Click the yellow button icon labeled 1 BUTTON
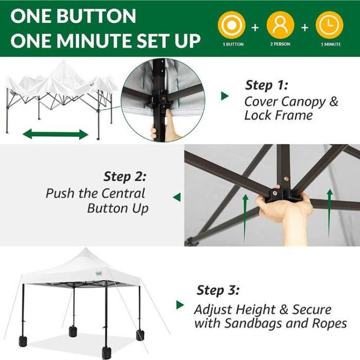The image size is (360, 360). [x=231, y=25]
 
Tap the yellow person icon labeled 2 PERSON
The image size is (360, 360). [x=280, y=25]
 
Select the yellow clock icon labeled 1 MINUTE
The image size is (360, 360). [x=330, y=25]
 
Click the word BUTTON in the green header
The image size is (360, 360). [x=96, y=16]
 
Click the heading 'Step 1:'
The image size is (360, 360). [x=266, y=85]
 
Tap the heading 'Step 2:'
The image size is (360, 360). [x=124, y=176]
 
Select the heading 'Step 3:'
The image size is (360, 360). [x=218, y=290]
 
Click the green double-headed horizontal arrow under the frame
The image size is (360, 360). [x=56, y=134]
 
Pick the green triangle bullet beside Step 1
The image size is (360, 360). [x=225, y=96]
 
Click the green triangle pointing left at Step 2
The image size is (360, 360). [x=177, y=197]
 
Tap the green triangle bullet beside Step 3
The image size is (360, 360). [x=180, y=305]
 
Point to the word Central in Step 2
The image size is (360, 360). [x=123, y=193]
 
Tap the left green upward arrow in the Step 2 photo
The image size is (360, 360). [x=245, y=218]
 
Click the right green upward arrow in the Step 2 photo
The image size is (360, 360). [x=330, y=212]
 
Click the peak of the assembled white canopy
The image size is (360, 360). [x=85, y=248]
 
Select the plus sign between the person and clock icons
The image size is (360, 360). [x=304, y=28]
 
